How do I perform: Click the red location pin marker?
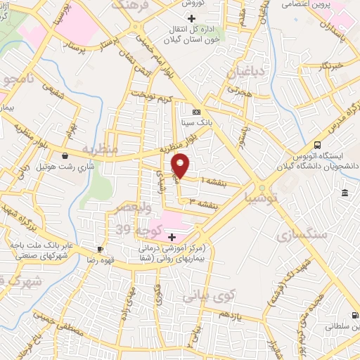(181, 165)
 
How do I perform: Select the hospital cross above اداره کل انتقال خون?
(191, 17)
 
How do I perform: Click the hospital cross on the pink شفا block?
(172, 236)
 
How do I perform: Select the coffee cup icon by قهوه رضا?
(101, 248)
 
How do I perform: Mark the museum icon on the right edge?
(345, 193)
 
